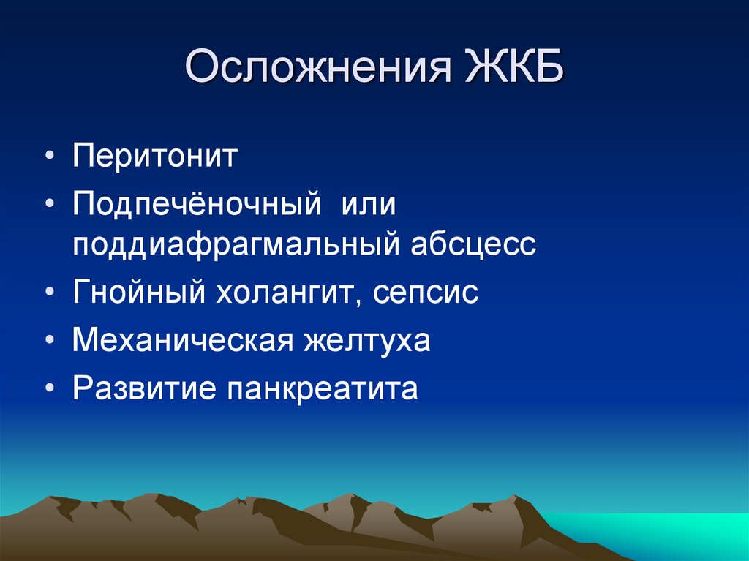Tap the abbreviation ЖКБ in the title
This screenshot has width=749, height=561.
(515, 66)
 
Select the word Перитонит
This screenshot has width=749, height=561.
(155, 156)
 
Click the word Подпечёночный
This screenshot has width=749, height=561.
(196, 203)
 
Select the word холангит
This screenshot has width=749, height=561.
(285, 292)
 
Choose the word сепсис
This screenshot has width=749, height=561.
(426, 293)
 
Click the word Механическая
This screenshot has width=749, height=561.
(182, 340)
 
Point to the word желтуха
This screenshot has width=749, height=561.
(367, 341)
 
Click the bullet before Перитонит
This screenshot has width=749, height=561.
(50, 157)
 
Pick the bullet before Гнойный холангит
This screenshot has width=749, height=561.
(50, 292)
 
